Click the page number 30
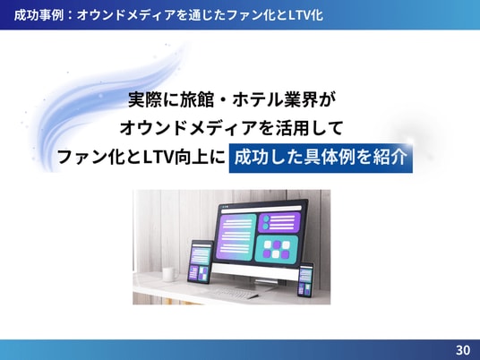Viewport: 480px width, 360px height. (463, 349)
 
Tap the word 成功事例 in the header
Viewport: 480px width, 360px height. (39, 15)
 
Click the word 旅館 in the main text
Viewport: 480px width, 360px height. (196, 99)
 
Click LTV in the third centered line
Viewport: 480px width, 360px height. (159, 157)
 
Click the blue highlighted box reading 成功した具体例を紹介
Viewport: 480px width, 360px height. (321, 158)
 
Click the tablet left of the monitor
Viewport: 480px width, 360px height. (201, 262)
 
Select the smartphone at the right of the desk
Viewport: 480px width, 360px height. (305, 279)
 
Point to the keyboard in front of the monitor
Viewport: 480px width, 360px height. (235, 293)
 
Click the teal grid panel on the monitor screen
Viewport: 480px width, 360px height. (277, 249)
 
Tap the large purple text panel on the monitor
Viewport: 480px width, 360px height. (236, 237)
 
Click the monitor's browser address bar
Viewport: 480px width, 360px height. (261, 209)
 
